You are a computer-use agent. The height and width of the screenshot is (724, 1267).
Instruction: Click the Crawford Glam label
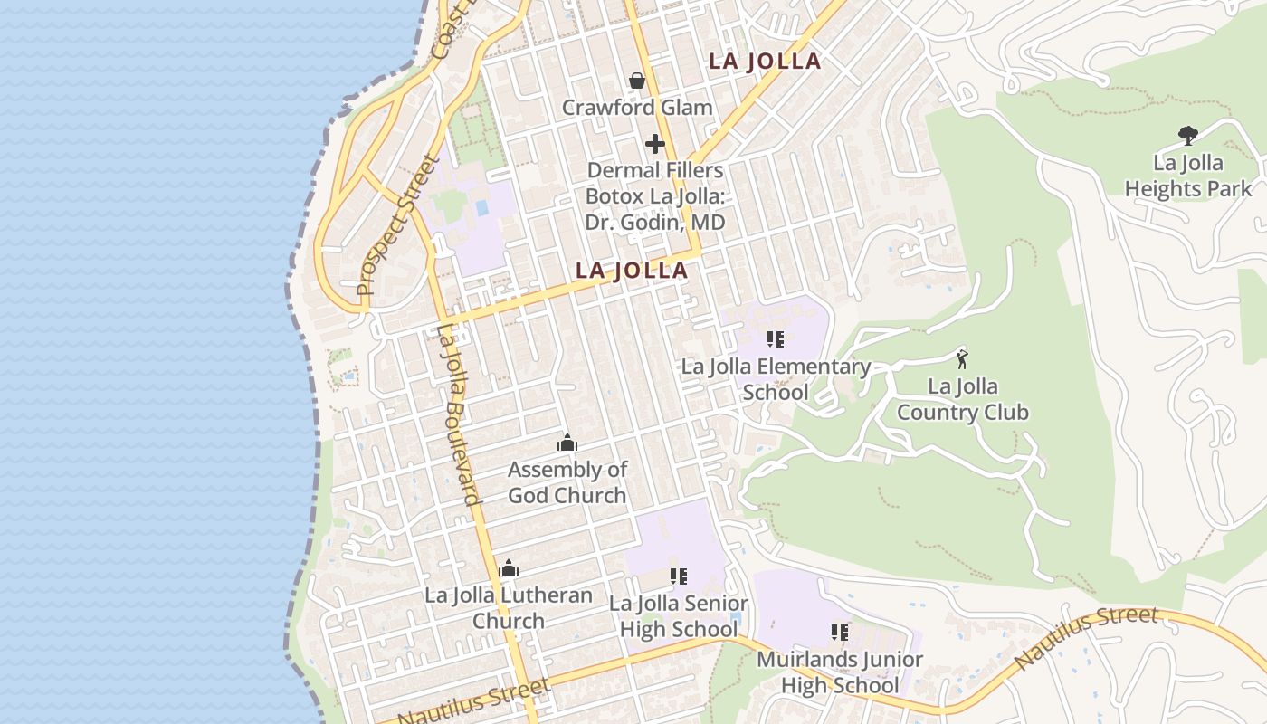[637, 107]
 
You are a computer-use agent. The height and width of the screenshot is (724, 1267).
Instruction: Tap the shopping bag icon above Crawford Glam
[637, 81]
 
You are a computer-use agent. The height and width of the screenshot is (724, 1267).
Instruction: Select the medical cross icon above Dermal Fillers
[655, 144]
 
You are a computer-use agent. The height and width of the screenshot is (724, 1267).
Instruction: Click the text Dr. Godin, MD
[655, 222]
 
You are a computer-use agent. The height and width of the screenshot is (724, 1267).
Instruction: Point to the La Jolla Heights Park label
[1188, 176]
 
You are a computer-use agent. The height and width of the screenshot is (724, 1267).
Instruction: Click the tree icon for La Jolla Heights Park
[1188, 136]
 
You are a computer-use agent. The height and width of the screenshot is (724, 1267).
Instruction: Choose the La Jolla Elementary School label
[776, 379]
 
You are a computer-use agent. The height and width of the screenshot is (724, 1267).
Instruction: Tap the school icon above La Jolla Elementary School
[776, 339]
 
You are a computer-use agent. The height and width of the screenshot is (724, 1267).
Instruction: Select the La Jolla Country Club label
[963, 399]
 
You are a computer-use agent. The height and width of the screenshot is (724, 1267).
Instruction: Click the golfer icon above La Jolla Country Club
[962, 358]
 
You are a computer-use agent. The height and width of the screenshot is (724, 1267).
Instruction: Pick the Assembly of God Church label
[567, 482]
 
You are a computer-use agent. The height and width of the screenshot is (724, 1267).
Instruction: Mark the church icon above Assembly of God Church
[567, 443]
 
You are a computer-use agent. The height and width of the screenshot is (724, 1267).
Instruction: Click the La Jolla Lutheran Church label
[509, 608]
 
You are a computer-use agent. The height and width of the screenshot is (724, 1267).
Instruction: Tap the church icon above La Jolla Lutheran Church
[509, 568]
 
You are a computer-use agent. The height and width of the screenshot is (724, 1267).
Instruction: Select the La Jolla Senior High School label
[679, 616]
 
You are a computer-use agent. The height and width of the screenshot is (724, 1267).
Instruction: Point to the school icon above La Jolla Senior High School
[679, 576]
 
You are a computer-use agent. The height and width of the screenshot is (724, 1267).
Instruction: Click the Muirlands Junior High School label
[840, 672]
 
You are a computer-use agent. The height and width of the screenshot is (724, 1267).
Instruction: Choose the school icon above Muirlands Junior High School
[840, 632]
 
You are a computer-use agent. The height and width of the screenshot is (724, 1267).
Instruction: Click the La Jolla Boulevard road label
[457, 414]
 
